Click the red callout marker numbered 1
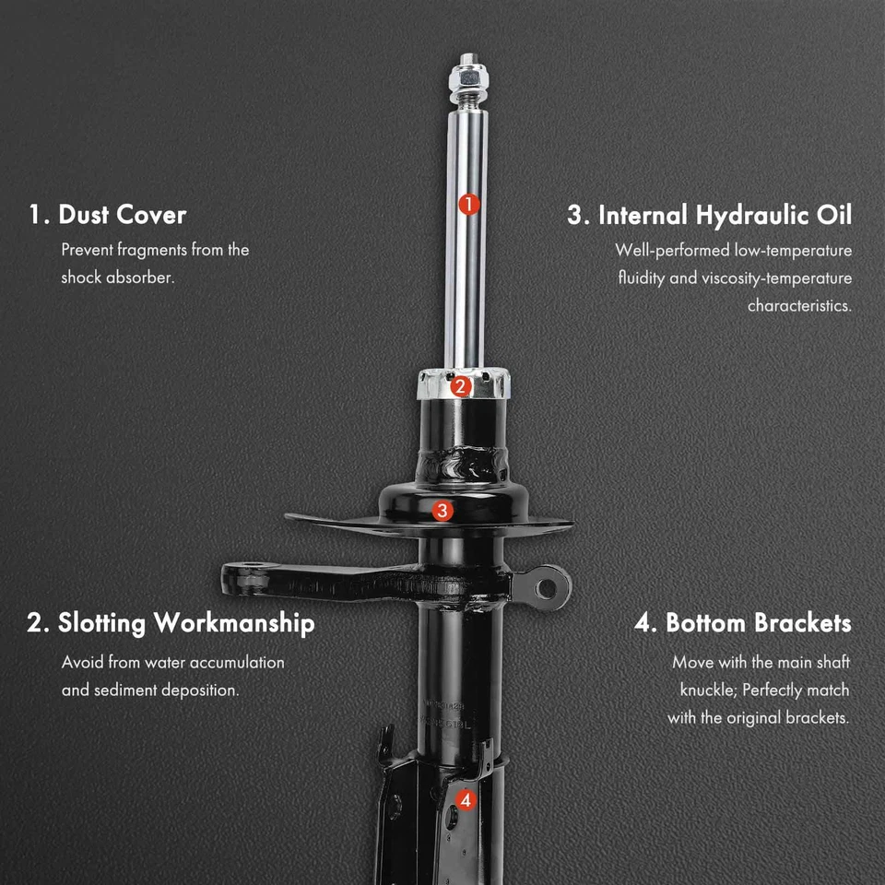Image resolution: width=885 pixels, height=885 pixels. click(x=468, y=204)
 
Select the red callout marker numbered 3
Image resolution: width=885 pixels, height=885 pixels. click(x=442, y=510)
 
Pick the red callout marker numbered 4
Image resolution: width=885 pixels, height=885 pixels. click(x=466, y=800)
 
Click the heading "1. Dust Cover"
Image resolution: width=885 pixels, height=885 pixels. click(x=107, y=215)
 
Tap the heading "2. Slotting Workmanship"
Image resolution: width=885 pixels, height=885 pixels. click(x=171, y=623)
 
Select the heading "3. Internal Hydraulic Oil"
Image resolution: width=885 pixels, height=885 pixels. click(x=709, y=215)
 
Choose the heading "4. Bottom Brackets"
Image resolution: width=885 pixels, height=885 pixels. click(x=742, y=623)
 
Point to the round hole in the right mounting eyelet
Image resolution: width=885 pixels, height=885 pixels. click(x=549, y=585)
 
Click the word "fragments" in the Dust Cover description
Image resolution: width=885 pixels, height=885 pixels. click(x=150, y=250)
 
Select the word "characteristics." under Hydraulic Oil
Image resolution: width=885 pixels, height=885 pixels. click(x=799, y=305)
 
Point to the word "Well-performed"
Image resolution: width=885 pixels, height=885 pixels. click(x=672, y=250)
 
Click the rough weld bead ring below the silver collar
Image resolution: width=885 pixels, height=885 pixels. click(x=461, y=462)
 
